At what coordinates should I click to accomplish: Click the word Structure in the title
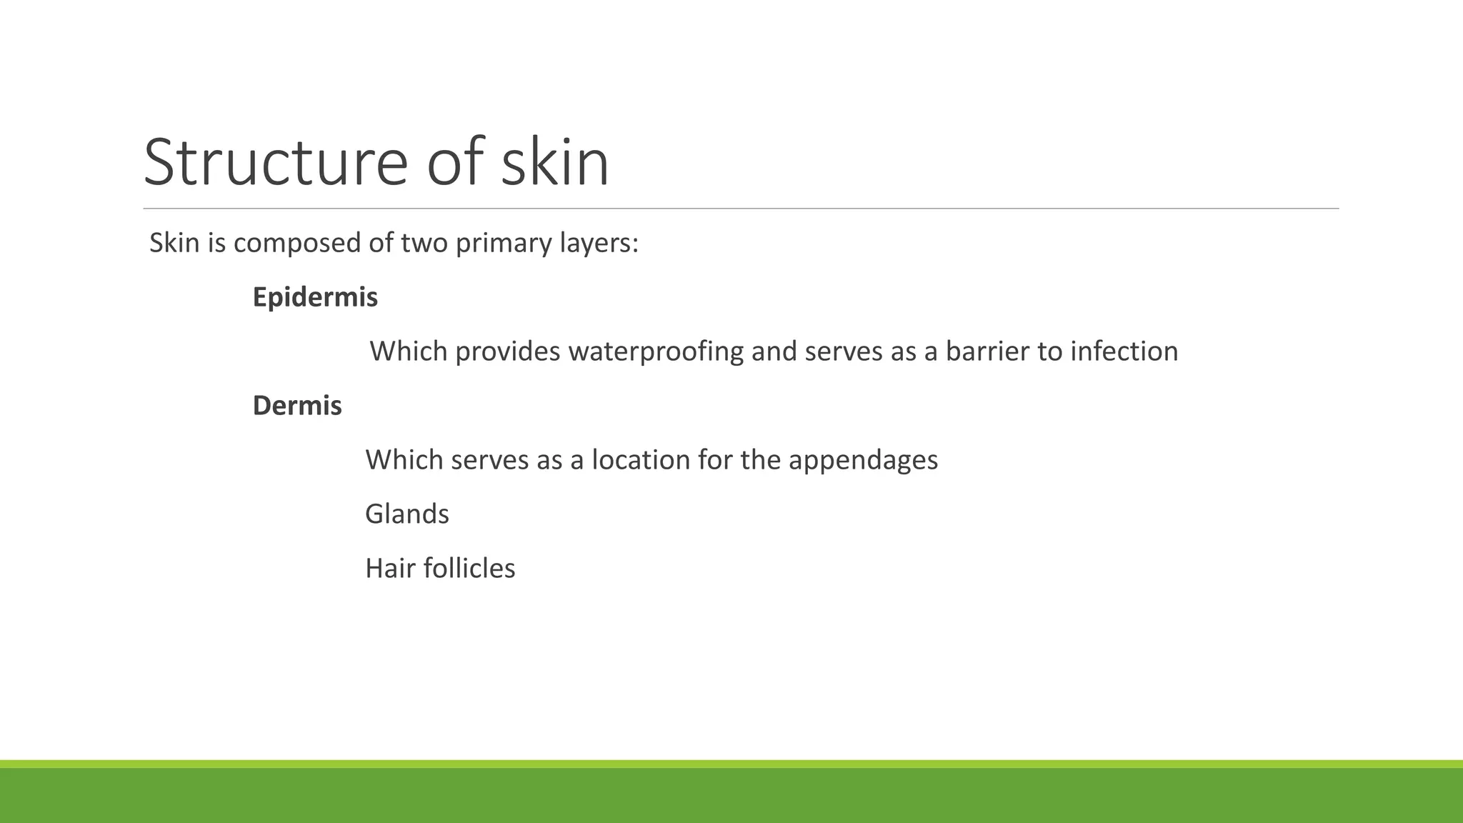[x=276, y=163]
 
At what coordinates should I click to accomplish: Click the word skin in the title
[x=555, y=163]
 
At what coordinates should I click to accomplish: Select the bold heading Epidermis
[x=315, y=297]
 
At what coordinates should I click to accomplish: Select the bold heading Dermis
[x=297, y=406]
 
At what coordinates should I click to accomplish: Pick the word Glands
[x=407, y=514]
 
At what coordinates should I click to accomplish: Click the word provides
[x=507, y=351]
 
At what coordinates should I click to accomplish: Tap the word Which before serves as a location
[x=404, y=460]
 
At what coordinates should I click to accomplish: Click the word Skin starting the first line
[x=174, y=244]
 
